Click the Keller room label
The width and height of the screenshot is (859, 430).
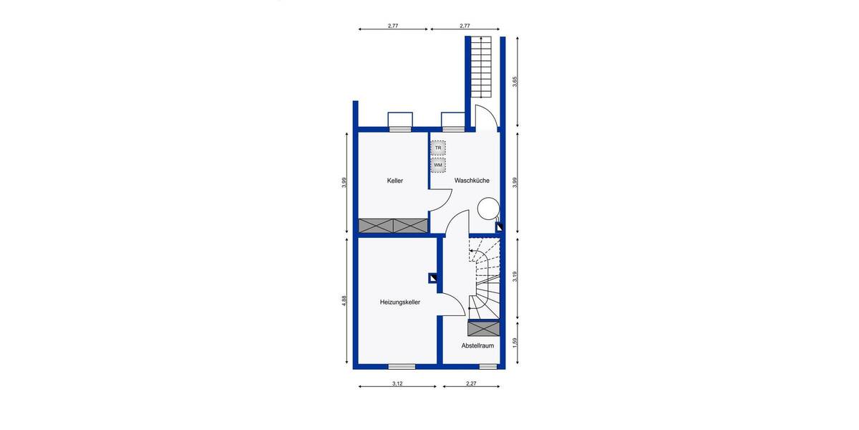(394, 181)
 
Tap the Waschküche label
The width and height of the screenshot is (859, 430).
(472, 181)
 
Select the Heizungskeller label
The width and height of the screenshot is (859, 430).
(399, 302)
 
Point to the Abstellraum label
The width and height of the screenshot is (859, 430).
(477, 345)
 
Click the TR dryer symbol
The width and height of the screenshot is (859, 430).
(438, 148)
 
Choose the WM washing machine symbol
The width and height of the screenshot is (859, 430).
(438, 165)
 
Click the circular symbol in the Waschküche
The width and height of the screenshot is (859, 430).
(487, 209)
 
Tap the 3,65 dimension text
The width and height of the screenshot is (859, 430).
(514, 82)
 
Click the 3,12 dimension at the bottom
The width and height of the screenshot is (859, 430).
(397, 384)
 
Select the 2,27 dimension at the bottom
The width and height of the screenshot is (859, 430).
(471, 384)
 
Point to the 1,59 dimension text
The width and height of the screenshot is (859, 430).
(514, 343)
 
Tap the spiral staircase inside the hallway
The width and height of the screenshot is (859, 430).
(485, 276)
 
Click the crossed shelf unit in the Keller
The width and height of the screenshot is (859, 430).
(393, 225)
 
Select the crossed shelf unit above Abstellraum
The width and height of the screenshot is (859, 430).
(483, 329)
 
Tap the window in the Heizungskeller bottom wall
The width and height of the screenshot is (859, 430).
(402, 366)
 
